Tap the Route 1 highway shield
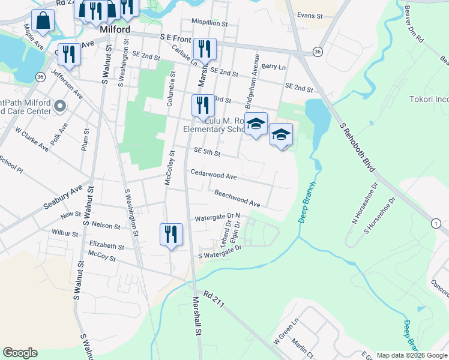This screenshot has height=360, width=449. (x=436, y=223)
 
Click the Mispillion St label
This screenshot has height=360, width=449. (x=209, y=24)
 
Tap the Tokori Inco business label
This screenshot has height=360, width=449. (x=429, y=99)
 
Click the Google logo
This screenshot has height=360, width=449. (x=20, y=353)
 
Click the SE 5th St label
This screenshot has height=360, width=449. (x=207, y=153)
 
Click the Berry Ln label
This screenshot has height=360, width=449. (x=273, y=67)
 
